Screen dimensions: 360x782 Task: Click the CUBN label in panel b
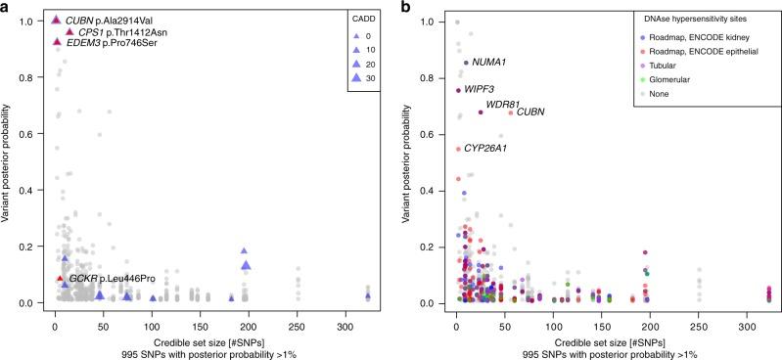tap(530, 112)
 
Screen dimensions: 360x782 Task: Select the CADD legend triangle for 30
tap(349, 76)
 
